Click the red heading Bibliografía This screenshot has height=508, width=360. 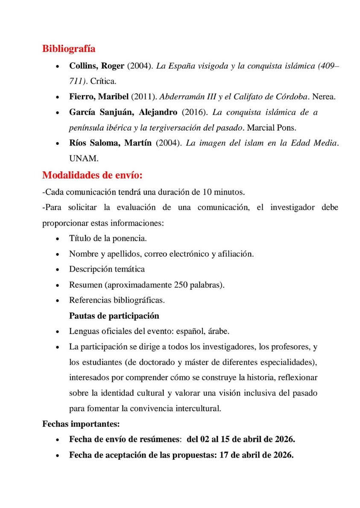[68, 49]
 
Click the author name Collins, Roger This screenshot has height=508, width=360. [97, 66]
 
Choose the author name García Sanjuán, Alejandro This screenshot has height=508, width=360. [123, 113]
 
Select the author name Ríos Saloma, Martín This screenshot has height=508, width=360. [110, 143]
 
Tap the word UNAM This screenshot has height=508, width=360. [84, 158]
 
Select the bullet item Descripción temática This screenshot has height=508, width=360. [107, 269]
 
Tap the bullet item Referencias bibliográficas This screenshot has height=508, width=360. [117, 300]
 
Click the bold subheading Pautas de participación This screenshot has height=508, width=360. [114, 315]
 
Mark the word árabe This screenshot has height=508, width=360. [221, 331]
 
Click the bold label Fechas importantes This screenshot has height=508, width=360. [81, 424]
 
